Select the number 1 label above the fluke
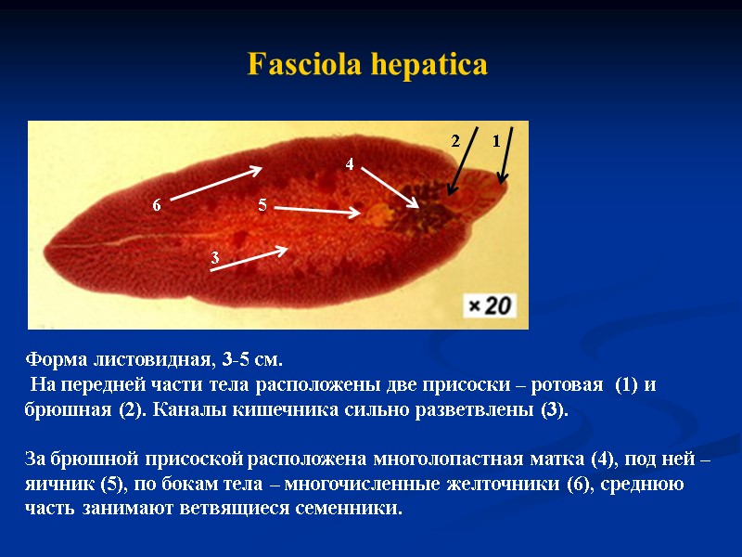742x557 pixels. click(x=496, y=142)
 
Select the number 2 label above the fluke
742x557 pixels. click(x=455, y=142)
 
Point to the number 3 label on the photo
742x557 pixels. click(x=214, y=257)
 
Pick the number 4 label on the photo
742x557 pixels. click(x=350, y=164)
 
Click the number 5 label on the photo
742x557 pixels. click(x=262, y=205)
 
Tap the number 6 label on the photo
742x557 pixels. click(x=157, y=205)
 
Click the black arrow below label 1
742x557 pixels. click(x=505, y=155)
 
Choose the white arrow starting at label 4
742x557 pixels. click(x=390, y=187)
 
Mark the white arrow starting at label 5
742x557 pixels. click(x=317, y=211)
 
